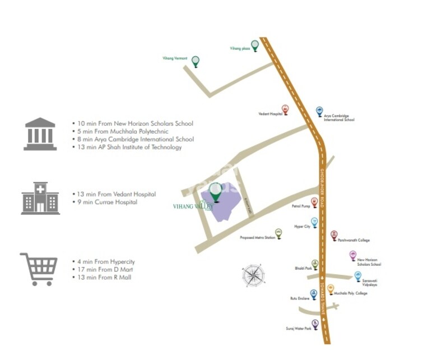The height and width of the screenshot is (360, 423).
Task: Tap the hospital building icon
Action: pyautogui.click(x=40, y=198)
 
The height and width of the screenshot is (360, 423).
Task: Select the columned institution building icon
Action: pyautogui.click(x=40, y=134)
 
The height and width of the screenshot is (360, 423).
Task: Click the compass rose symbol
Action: pyautogui.click(x=254, y=275)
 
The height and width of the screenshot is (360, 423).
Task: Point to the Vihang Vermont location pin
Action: pyautogui.click(x=196, y=61)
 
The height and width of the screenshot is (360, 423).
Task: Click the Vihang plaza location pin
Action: pyautogui.click(x=255, y=45)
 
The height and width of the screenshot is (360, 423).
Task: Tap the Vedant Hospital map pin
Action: pyautogui.click(x=285, y=110)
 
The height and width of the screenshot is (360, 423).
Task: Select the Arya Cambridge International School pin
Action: pyautogui.click(x=319, y=112)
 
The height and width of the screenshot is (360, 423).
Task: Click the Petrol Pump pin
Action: pyautogui.click(x=314, y=202)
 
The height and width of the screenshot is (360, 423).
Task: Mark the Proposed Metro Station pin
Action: pyautogui.click(x=278, y=233)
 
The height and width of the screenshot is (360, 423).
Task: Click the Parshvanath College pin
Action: pyautogui.click(x=334, y=235)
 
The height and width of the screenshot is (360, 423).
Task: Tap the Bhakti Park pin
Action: pyautogui.click(x=315, y=264)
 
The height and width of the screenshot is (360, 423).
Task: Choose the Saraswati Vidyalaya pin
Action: pyautogui.click(x=358, y=276)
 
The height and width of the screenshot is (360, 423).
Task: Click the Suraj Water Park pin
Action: pyautogui.click(x=315, y=324)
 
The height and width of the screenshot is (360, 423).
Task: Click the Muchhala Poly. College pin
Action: pyautogui.click(x=331, y=290)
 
